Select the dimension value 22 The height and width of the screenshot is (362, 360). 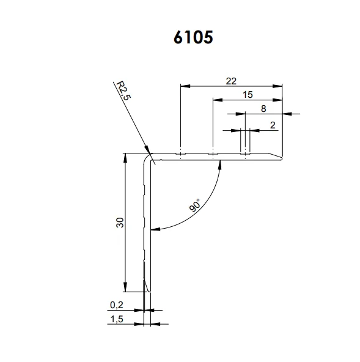tap(231, 79)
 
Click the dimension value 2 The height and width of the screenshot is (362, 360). tap(272, 125)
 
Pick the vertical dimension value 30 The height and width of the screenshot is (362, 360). tap(120, 223)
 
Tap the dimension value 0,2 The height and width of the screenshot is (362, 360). tap(116, 304)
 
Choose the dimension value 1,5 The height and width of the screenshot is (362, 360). tap(116, 319)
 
